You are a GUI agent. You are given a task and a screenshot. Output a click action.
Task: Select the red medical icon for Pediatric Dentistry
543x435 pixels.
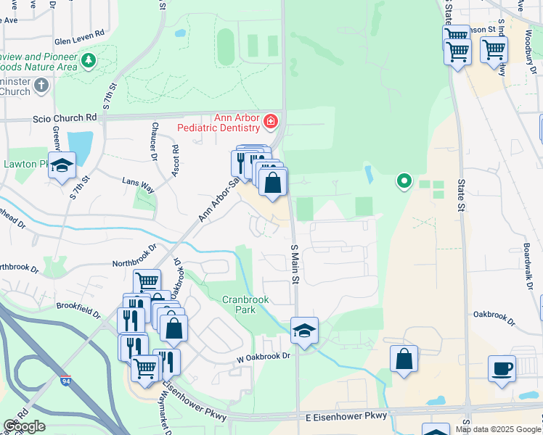click(271, 121)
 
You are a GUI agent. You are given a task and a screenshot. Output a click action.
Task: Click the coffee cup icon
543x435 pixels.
click(502, 368)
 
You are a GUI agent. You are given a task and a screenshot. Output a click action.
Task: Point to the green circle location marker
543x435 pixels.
click(404, 180)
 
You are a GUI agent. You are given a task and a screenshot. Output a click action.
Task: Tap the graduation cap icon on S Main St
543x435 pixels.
click(304, 331)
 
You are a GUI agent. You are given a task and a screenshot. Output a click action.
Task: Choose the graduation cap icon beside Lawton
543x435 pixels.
click(62, 165)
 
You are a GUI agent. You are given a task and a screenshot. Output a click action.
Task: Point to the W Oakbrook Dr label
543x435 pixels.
click(263, 357)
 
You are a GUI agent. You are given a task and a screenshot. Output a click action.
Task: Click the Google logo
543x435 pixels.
click(24, 426)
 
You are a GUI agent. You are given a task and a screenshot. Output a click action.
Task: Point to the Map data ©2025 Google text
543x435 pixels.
click(498, 429)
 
